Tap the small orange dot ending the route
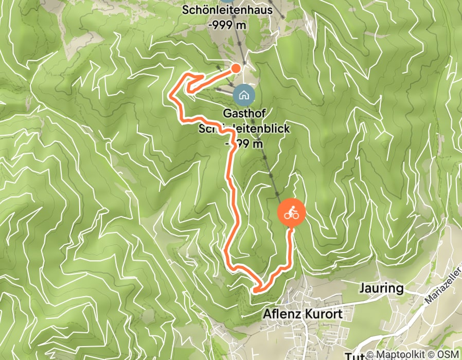point(236,68)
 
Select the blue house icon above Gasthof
point(243,94)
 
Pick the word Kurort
point(322,313)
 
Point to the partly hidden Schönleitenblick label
point(244,130)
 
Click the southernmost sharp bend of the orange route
point(255,290)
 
